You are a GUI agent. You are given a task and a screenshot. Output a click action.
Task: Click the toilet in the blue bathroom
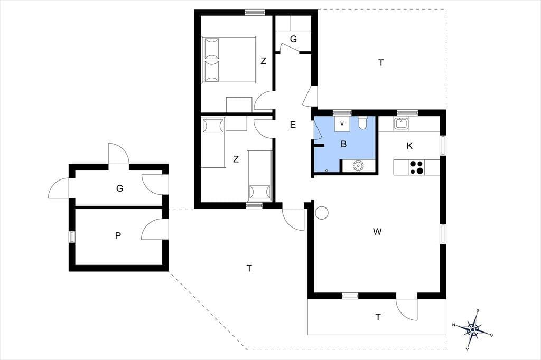[x=362, y=123]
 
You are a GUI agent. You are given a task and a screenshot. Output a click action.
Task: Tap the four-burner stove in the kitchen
[x=417, y=167]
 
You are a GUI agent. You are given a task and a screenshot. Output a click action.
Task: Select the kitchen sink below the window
[x=402, y=124]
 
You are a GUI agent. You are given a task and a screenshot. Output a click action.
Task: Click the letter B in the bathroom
[x=343, y=144]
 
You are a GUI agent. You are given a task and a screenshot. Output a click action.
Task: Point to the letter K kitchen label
[x=409, y=146]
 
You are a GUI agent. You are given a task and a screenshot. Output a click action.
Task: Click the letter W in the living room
[x=377, y=232]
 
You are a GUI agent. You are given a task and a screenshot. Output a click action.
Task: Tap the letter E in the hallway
[x=293, y=125]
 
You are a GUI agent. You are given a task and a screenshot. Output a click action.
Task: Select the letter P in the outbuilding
[x=118, y=236]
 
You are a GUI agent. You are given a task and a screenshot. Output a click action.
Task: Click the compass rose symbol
[x=472, y=330]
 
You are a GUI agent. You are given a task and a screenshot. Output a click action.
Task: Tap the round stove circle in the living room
[x=322, y=213]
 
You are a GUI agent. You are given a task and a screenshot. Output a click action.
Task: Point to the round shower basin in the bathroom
[x=359, y=166]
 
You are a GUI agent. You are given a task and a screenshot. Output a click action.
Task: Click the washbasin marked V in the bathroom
[x=342, y=124]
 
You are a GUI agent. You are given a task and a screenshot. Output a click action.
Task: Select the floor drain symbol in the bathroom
[x=327, y=170]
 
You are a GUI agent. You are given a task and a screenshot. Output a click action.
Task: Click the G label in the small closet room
[x=293, y=39]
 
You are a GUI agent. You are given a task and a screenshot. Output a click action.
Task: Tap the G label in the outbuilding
[x=120, y=188]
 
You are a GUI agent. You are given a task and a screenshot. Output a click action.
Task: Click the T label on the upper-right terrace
[x=381, y=63]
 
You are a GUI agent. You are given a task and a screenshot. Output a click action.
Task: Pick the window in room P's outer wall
[x=72, y=237]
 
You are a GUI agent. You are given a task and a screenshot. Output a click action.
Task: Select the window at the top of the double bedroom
[x=255, y=12]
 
